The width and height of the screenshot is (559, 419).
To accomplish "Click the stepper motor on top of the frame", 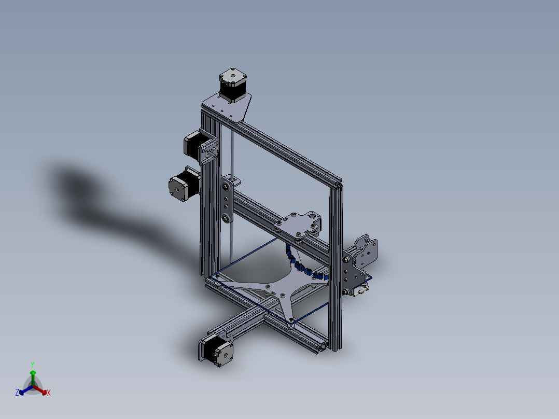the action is point(233,85).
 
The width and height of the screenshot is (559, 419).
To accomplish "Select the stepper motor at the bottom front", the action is point(216,351).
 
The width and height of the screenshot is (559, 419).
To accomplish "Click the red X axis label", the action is point(49,393).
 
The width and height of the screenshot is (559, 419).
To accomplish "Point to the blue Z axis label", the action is point(17,392).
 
